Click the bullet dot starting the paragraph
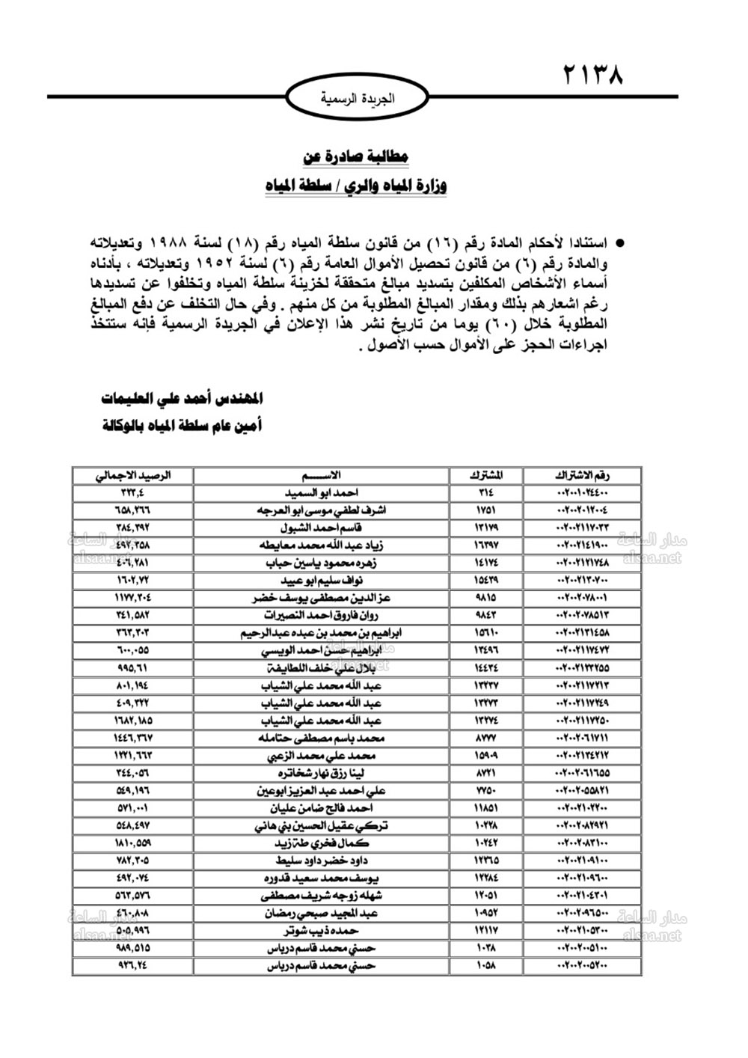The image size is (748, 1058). click(620, 244)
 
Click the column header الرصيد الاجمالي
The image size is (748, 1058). click(132, 475)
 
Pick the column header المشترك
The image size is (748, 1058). click(487, 475)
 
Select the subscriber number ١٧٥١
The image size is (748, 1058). click(487, 510)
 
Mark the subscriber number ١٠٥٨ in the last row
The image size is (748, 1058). click(487, 965)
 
